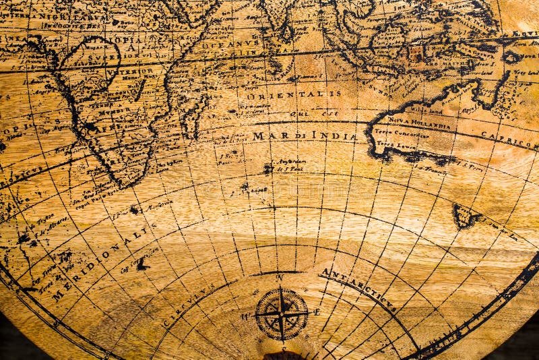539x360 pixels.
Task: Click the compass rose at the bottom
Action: (x=282, y=314)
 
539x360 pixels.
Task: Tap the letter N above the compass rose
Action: (x=280, y=278)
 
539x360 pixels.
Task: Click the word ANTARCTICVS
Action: (x=357, y=290)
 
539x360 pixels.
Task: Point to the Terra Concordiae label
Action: (x=402, y=133)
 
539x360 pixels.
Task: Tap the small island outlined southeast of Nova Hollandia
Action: (x=465, y=216)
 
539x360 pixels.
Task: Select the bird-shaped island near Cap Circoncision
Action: (x=141, y=264)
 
